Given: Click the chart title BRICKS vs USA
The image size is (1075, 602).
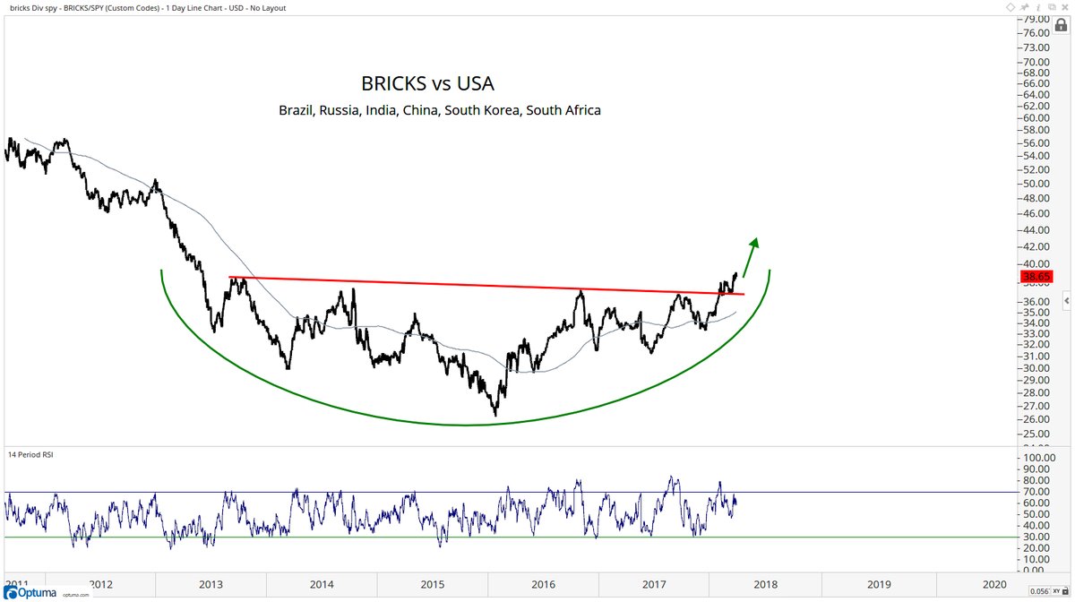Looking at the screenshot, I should (427, 83).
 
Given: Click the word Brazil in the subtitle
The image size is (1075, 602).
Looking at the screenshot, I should (299, 110).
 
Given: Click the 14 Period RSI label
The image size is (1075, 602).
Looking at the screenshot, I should (31, 455).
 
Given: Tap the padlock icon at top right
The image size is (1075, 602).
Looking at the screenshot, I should (1062, 25).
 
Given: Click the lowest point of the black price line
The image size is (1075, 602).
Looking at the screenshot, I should (495, 415).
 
